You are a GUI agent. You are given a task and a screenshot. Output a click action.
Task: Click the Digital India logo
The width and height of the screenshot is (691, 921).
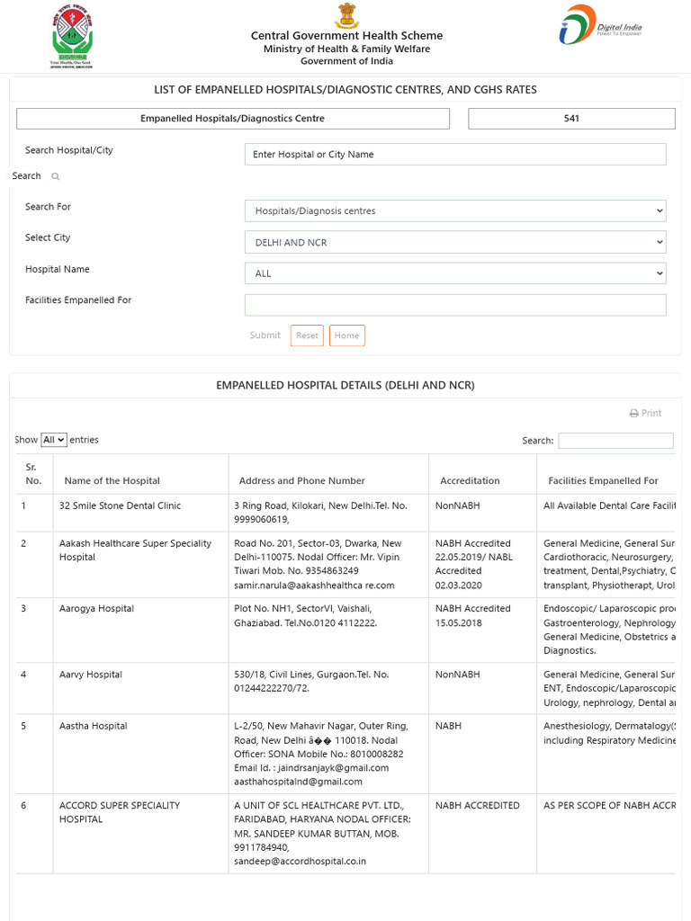click(600, 26)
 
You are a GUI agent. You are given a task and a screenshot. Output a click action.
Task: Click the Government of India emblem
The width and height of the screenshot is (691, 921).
click(346, 16)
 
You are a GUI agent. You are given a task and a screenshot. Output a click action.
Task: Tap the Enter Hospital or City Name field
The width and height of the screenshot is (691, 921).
click(454, 155)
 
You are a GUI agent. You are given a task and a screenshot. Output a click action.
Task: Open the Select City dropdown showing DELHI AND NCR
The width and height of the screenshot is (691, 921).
click(454, 243)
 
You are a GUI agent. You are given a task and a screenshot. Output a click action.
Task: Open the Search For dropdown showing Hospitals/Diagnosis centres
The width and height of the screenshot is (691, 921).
click(454, 211)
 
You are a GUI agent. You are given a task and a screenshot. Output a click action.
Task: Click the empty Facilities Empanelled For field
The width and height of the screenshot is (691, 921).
click(454, 305)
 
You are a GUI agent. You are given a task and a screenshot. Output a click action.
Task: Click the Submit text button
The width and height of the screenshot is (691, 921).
click(265, 335)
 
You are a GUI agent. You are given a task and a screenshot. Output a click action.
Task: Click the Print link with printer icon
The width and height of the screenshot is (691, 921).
click(645, 413)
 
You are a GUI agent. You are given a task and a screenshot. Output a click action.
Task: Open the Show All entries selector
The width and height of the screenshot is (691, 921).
click(54, 440)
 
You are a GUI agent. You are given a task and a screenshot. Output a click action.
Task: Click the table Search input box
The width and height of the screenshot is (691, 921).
click(615, 441)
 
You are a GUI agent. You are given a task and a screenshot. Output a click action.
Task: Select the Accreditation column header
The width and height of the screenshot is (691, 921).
click(470, 481)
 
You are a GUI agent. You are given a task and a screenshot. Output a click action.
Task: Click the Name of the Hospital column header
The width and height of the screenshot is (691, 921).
click(112, 481)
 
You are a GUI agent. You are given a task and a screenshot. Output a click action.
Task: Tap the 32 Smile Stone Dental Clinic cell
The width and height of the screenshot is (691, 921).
click(120, 506)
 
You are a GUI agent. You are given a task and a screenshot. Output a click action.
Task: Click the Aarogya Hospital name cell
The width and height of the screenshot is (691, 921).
click(96, 609)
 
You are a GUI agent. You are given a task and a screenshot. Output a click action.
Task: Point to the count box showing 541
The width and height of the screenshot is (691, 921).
click(571, 119)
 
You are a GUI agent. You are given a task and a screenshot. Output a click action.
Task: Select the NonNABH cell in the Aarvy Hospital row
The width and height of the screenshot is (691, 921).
click(458, 675)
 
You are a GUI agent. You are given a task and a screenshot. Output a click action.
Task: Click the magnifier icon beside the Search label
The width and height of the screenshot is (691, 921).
click(56, 177)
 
